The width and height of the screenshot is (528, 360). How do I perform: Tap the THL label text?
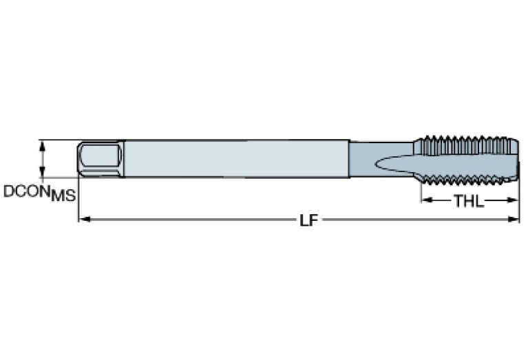(x=468, y=201)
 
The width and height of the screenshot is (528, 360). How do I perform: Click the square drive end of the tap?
(x=101, y=159)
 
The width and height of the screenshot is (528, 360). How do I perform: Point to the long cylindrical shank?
(x=234, y=159)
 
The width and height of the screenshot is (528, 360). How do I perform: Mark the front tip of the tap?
(x=516, y=160)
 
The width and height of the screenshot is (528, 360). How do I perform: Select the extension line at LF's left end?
(x=77, y=200)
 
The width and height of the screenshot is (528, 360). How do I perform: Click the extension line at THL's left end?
(x=421, y=196)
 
